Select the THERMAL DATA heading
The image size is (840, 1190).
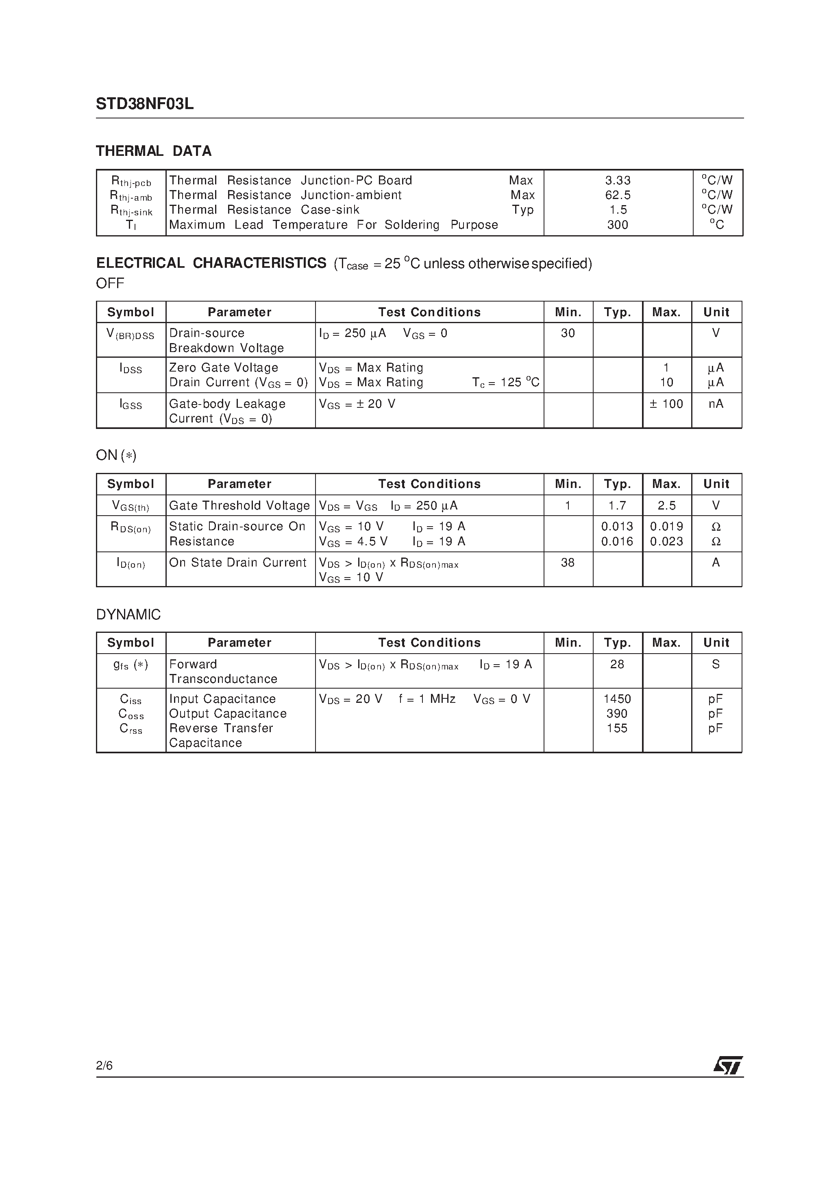(154, 151)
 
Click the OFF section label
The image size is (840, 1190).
(110, 284)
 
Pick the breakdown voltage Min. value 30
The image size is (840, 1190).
(568, 333)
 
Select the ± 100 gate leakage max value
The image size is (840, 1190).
(666, 404)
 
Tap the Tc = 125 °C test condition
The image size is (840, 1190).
(505, 383)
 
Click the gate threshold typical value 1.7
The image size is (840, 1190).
(617, 505)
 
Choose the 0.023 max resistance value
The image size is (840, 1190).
(666, 542)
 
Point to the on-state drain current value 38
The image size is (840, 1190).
(568, 562)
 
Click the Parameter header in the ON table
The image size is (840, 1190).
(239, 484)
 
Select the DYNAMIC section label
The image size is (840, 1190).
(128, 615)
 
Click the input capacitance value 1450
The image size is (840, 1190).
(617, 699)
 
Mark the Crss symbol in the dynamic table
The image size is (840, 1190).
(131, 729)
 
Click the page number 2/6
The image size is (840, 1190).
(104, 1065)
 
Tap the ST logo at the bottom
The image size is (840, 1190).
(728, 1065)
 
